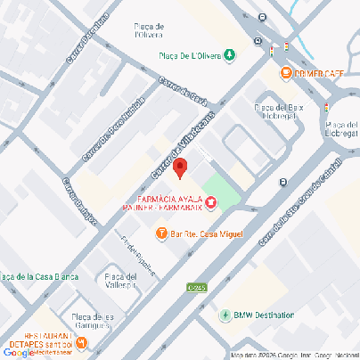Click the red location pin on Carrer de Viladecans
[179, 168]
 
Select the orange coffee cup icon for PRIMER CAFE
[286, 72]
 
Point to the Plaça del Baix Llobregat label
[280, 111]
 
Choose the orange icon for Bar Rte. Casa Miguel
[161, 233]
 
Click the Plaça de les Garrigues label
[93, 321]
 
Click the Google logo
[20, 353]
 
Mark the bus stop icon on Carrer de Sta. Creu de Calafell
[282, 182]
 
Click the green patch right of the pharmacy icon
[225, 193]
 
